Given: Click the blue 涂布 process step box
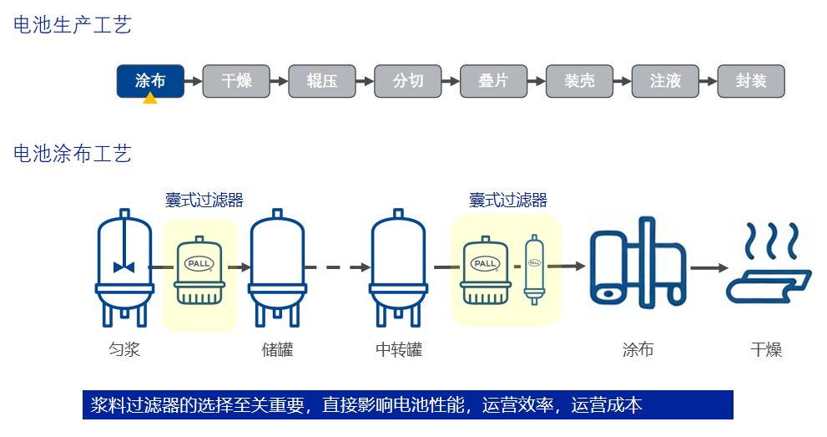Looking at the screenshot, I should click(x=150, y=81).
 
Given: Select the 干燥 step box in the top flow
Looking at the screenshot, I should click(x=236, y=81).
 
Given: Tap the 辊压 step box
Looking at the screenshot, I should click(x=322, y=81).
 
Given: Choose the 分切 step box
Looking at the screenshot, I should click(x=408, y=81).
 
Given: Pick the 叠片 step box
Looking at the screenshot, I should click(x=494, y=81).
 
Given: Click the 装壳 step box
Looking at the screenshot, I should click(x=579, y=81).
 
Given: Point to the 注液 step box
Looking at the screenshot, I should click(x=665, y=81).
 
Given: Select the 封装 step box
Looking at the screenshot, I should click(x=751, y=81).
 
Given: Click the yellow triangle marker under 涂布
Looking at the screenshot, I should click(x=150, y=99).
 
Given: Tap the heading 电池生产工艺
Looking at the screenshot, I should click(x=73, y=25).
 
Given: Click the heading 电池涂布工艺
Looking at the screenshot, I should click(x=73, y=154).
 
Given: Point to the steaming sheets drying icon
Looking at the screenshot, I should click(x=768, y=262).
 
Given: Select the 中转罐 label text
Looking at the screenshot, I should click(x=399, y=350).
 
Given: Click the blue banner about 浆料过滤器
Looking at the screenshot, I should click(x=408, y=405).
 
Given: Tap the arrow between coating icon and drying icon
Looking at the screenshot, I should click(x=709, y=268).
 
